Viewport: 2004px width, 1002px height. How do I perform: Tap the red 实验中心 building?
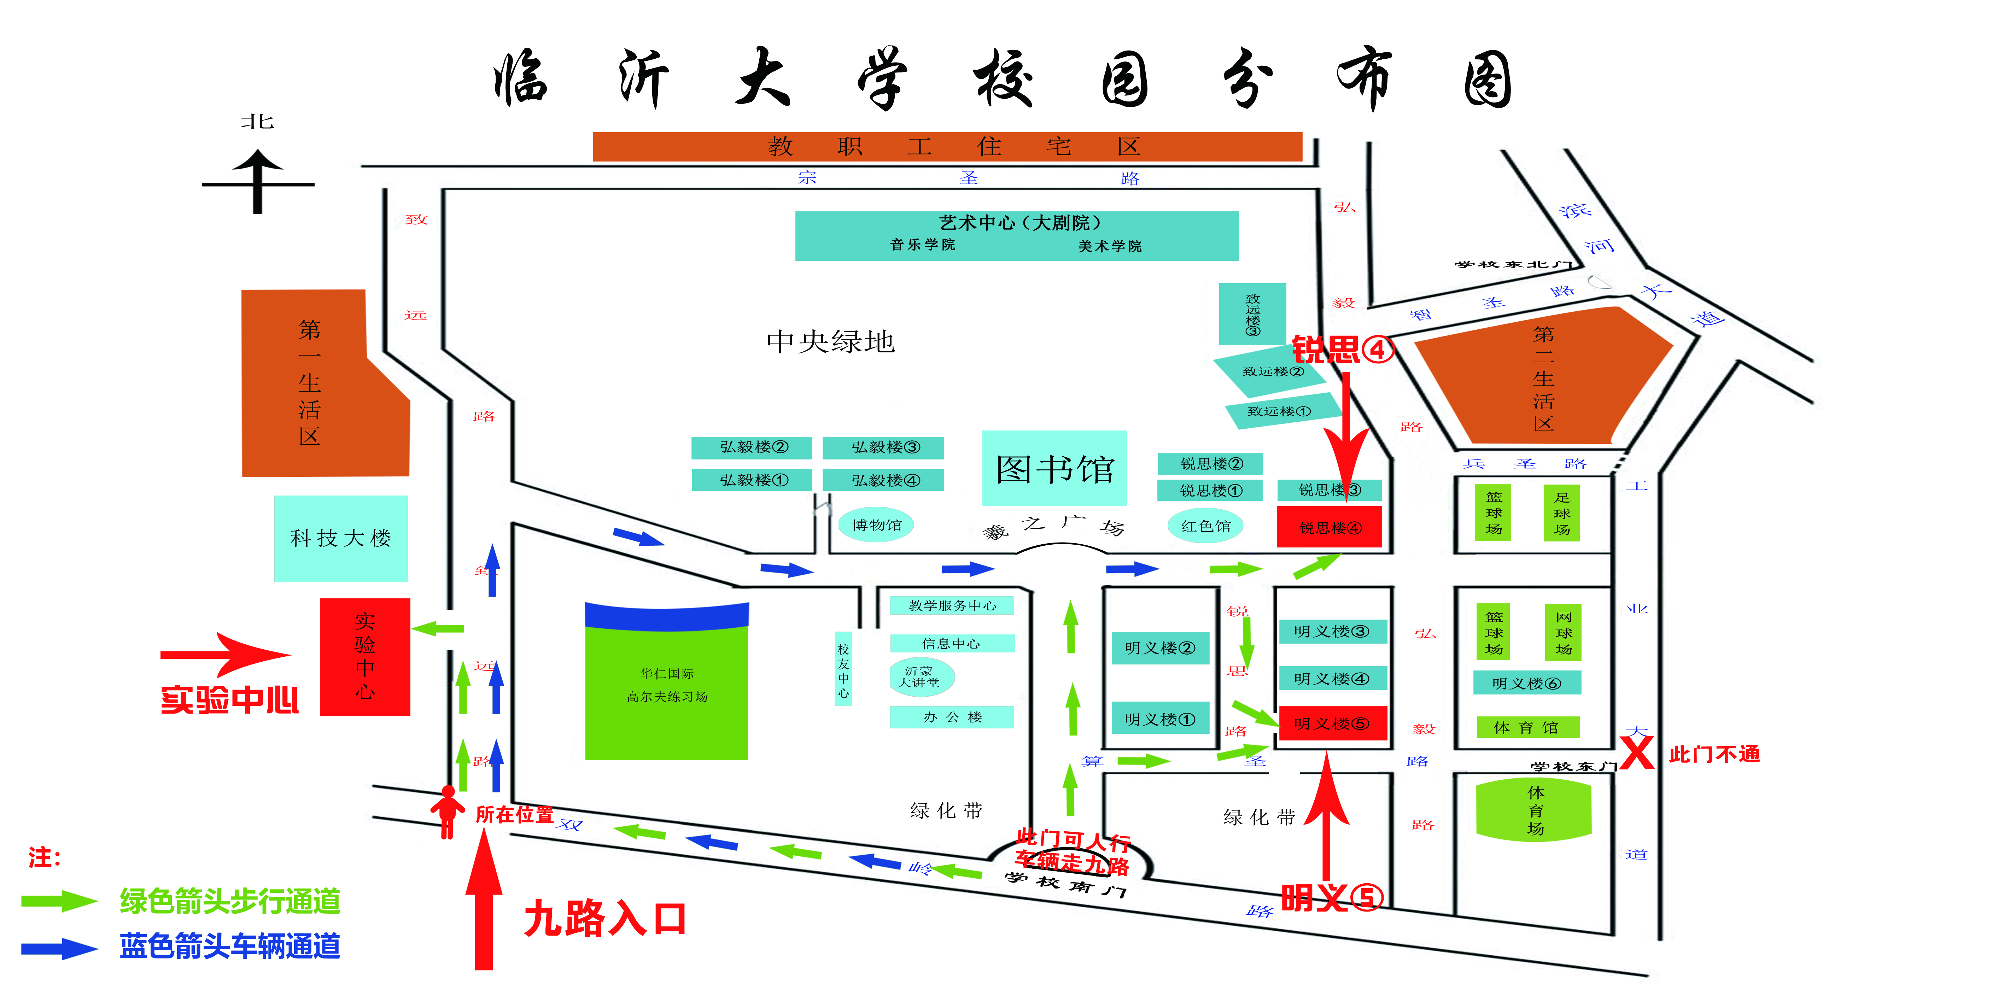click(365, 657)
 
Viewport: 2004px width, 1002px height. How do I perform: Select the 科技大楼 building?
click(341, 538)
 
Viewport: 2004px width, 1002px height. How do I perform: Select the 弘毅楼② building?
click(752, 447)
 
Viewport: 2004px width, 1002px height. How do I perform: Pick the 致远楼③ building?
click(1252, 314)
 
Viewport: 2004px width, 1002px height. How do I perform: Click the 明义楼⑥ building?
click(1526, 683)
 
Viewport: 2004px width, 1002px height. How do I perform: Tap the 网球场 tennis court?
click(1563, 632)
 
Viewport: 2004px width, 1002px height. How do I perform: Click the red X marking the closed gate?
click(1637, 752)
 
